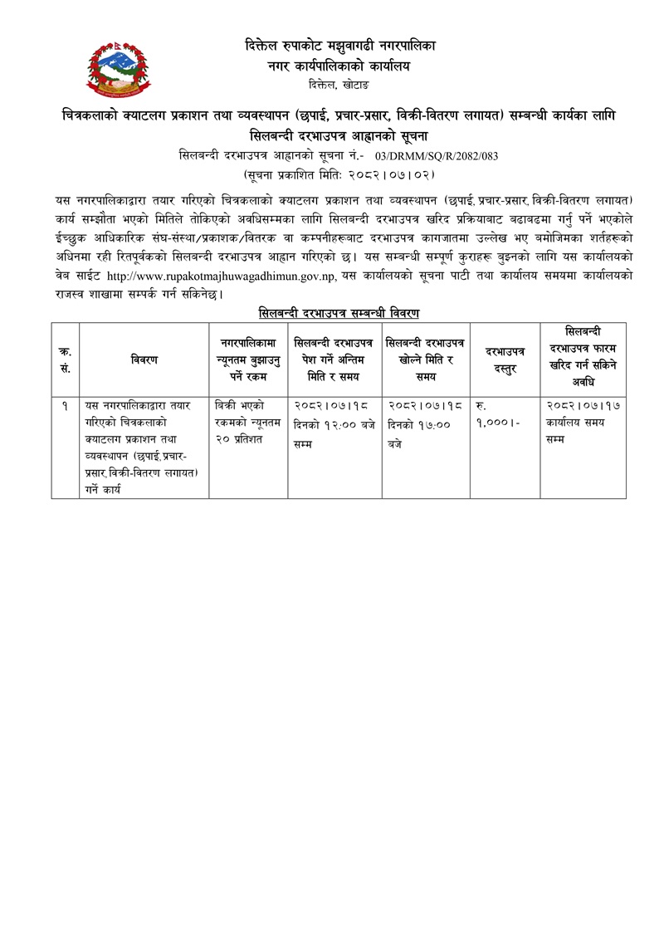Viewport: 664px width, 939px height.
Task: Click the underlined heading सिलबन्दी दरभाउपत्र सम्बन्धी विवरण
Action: (x=339, y=312)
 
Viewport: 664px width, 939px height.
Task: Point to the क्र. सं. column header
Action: (x=65, y=359)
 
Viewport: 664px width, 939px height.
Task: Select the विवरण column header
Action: (x=144, y=359)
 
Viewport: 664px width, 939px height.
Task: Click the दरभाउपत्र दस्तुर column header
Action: (x=504, y=359)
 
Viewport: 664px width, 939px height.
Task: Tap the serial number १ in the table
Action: (x=65, y=406)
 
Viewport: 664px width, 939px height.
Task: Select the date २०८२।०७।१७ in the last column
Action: (x=583, y=406)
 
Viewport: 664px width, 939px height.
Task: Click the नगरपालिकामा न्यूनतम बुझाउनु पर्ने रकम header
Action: (x=247, y=359)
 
